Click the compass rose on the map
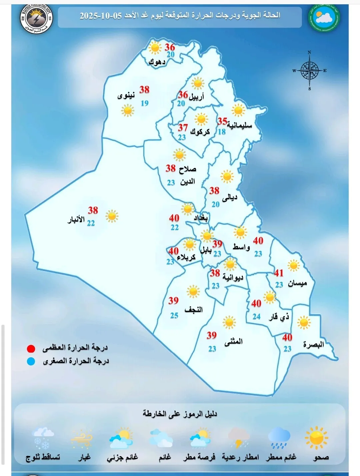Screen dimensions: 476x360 point(309,70)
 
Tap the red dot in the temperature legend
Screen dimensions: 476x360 point(31,349)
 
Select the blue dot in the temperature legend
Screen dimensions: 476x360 point(31,362)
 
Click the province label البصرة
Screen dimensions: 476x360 point(313,344)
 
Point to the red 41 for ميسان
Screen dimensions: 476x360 point(279,273)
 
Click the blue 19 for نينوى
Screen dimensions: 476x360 point(144,103)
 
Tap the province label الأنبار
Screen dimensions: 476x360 point(76,220)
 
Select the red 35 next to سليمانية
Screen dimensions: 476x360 point(222,121)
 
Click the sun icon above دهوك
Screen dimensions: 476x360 point(155,48)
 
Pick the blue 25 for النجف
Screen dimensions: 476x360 point(174,315)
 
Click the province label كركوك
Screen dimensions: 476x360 point(200,131)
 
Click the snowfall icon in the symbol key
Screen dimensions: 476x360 point(43,438)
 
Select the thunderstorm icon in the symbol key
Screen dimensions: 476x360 point(239,438)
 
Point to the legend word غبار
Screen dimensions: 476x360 point(84,457)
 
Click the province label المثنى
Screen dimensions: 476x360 point(233,341)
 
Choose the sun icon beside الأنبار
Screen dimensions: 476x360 point(112,216)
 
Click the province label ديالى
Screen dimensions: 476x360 point(230,197)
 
